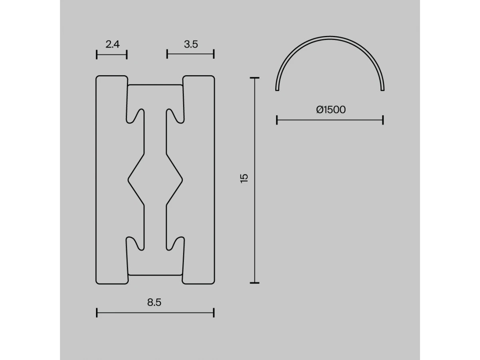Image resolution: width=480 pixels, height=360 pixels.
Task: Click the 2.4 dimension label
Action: click(x=112, y=44)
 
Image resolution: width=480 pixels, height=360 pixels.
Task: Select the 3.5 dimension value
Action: click(x=191, y=44)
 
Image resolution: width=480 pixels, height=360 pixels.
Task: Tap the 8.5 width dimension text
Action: click(x=154, y=302)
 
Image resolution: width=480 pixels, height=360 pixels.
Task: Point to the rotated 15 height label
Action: click(x=244, y=178)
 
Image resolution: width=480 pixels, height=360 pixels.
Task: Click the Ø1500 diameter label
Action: click(x=331, y=110)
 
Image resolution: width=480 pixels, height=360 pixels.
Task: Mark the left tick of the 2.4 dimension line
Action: click(x=97, y=54)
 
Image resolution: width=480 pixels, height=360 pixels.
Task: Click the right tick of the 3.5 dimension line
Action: click(x=214, y=54)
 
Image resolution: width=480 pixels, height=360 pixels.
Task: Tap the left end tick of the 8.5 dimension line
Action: click(x=97, y=312)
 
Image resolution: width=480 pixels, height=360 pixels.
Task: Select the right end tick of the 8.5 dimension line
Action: click(x=214, y=312)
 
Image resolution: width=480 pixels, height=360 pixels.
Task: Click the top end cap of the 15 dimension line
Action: click(x=254, y=78)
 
